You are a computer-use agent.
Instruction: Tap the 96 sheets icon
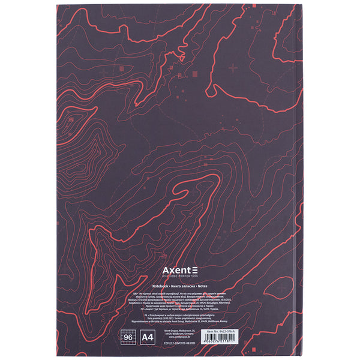(x=128, y=338)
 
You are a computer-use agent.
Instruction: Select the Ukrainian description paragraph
(x=180, y=297)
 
